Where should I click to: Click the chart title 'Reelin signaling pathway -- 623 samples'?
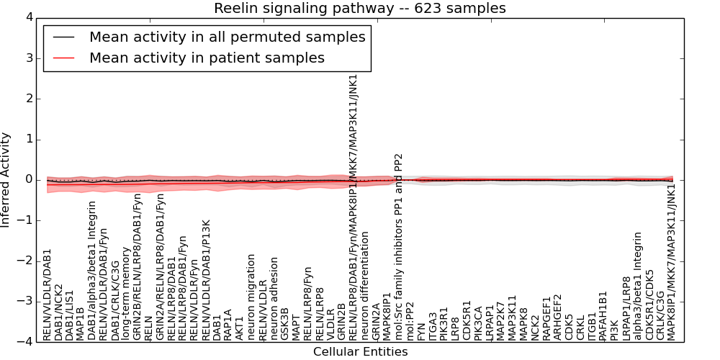359,9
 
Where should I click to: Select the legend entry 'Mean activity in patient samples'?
207,58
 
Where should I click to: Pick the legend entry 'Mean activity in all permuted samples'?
227,37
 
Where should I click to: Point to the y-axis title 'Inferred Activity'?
6,179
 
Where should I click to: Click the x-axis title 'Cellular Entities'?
360,352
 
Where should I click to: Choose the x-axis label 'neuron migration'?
251,296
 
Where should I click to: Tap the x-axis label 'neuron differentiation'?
366,285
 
